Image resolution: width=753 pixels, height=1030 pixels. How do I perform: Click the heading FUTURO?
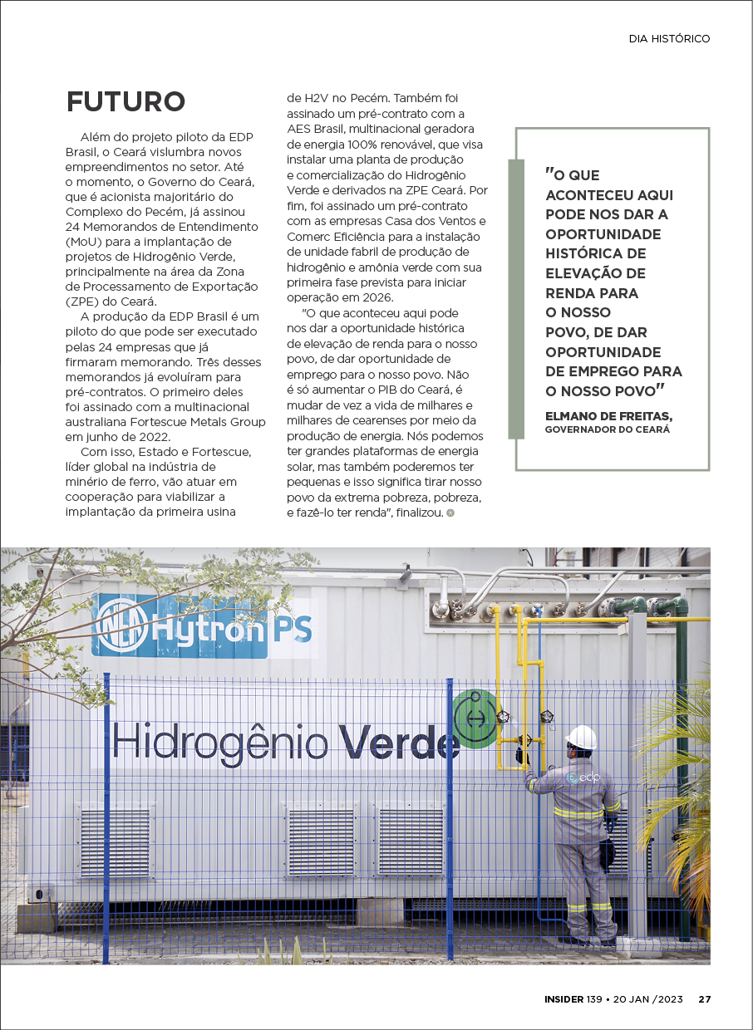coord(125,101)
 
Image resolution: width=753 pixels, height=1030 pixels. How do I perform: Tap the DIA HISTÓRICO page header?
coord(669,39)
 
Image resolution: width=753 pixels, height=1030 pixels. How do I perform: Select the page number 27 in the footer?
coord(704,999)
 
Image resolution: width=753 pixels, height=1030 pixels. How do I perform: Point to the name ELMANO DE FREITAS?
coord(608,415)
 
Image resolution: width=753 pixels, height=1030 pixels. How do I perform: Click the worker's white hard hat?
coord(582,736)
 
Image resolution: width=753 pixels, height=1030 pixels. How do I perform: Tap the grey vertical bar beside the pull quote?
coord(516,299)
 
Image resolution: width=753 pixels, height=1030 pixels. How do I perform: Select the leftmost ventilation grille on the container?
coord(116,842)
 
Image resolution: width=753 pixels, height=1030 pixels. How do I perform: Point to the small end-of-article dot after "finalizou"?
coord(450,513)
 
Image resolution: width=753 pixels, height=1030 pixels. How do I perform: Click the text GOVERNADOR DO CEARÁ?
coord(607,429)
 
